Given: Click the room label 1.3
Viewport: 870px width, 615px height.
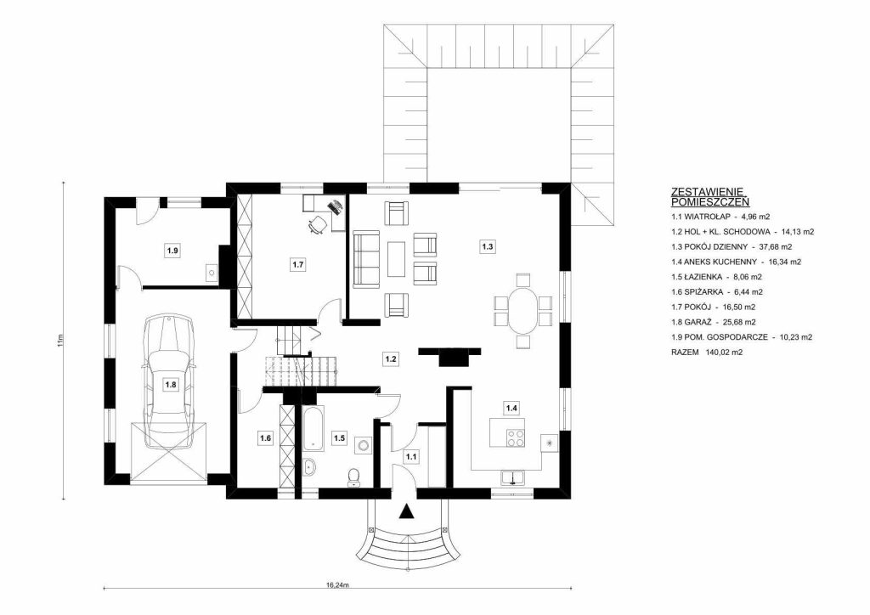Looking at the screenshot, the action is (487, 246).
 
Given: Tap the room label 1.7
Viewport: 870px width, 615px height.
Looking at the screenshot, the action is (298, 264).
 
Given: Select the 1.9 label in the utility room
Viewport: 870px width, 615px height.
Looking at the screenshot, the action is (172, 251).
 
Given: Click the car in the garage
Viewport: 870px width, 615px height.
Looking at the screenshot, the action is (170, 381).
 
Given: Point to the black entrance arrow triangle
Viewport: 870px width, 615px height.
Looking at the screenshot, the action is (408, 511).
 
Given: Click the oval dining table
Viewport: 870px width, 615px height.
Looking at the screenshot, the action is (523, 310).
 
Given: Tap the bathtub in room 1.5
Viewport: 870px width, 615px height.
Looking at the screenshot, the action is (313, 429).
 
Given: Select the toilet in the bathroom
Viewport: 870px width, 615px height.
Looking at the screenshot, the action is (353, 477).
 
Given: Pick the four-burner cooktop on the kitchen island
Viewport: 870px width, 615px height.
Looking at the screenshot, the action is (516, 437).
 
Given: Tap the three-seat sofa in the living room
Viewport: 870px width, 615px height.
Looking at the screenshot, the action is (365, 260).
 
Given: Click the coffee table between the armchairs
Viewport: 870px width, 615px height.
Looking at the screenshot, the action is (396, 258).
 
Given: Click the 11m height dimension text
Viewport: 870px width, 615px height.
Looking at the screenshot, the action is (60, 339).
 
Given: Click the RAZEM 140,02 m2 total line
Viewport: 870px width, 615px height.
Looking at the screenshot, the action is (707, 352).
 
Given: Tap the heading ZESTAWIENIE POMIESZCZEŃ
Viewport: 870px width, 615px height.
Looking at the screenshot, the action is (710, 196).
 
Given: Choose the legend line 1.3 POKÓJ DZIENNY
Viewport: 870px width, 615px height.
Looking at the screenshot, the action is (732, 247).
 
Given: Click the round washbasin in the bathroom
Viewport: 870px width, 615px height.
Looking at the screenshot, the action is (309, 468).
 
